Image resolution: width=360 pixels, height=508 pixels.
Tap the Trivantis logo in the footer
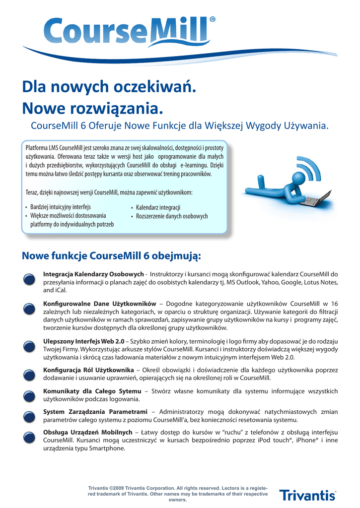point(307,495)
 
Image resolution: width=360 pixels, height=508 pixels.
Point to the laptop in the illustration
point(315,199)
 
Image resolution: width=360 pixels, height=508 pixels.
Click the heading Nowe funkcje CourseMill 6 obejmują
point(112,256)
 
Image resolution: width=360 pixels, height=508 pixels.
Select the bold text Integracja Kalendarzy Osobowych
point(93,274)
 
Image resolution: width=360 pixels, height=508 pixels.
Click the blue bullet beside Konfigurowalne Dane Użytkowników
point(29,308)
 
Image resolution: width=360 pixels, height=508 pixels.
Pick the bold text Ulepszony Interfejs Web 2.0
point(84,341)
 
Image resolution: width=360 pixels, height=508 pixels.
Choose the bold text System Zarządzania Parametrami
point(95,412)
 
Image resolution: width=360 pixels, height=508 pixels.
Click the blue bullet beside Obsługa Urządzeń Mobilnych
point(29,437)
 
